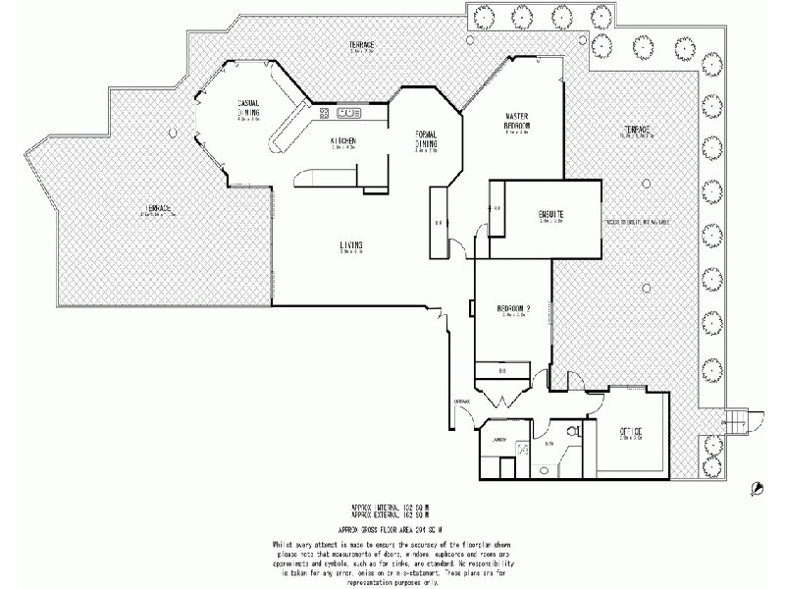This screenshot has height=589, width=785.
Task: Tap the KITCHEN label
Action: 342,140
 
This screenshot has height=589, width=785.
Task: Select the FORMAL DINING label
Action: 425,140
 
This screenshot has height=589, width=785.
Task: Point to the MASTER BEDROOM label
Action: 518,121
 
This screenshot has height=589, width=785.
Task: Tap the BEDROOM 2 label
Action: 513,310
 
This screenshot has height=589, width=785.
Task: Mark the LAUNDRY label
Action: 499,440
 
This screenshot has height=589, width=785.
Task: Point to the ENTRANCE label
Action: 462,402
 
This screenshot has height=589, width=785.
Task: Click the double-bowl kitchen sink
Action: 349,114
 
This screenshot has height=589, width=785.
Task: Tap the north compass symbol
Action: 757,487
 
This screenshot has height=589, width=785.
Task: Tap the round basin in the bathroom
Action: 546,469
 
